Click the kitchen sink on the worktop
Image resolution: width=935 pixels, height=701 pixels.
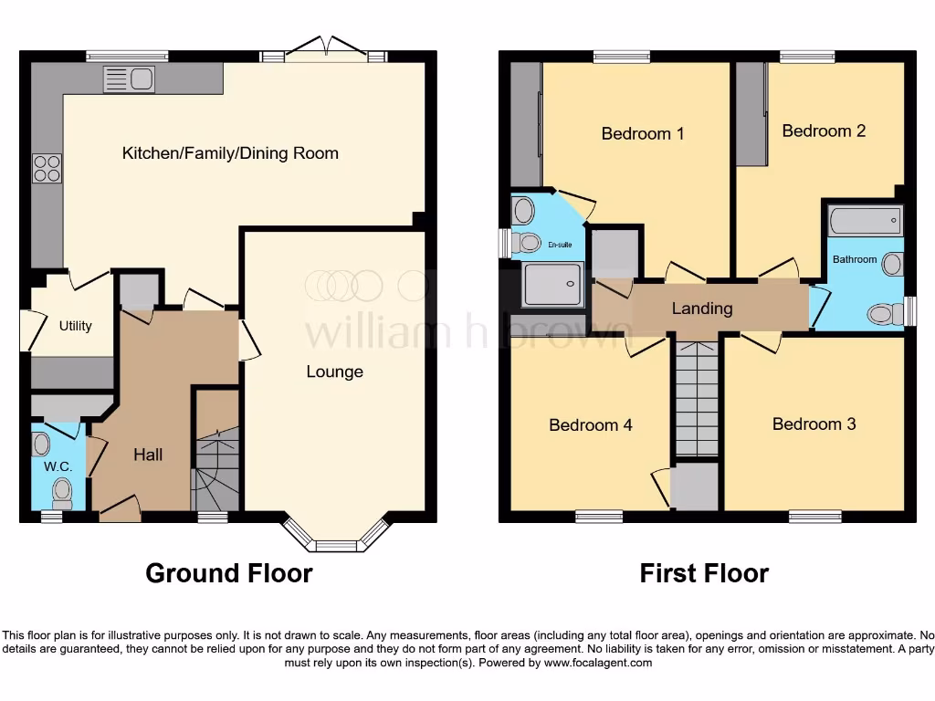pos(128,79)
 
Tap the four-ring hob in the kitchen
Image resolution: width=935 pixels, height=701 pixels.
pos(47,168)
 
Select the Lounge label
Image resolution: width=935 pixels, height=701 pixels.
pos(334,371)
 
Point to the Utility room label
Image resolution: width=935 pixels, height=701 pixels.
pos(75,326)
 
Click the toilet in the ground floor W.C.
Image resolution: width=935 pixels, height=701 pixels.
pos(61,493)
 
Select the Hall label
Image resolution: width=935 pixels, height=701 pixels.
pos(148,454)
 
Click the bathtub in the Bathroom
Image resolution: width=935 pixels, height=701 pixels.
pos(864,221)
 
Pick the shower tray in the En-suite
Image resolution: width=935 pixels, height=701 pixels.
pos(552,284)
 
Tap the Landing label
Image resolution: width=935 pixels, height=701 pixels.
pos(701,309)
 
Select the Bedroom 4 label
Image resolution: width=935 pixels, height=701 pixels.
pos(590,424)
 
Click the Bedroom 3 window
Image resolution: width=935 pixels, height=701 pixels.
pos(814,517)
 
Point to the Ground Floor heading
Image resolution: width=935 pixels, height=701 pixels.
pos(229,573)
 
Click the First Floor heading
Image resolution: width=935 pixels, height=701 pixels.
pos(704,573)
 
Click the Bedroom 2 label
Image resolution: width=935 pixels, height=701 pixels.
pos(824,131)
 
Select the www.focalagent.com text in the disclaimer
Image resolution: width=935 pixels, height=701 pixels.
pos(598,663)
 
